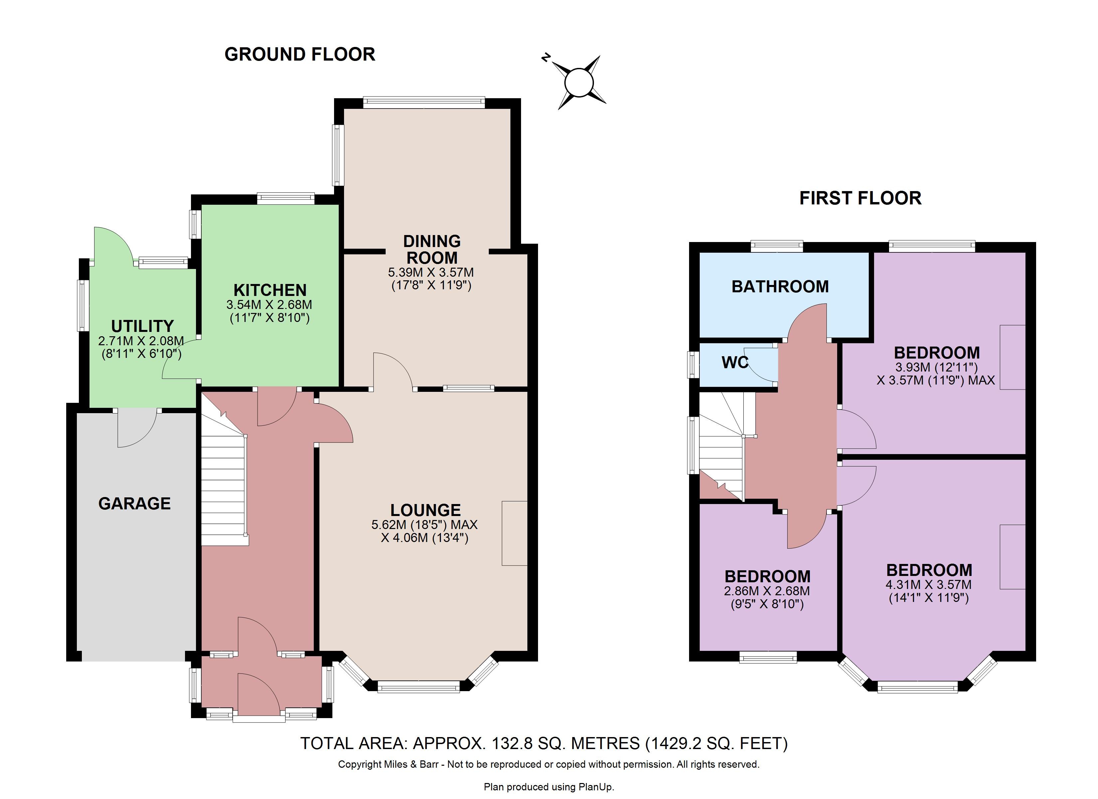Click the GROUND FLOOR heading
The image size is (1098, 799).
coord(300,54)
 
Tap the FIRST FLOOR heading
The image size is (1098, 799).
coord(860,198)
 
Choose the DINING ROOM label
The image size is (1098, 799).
coord(432,249)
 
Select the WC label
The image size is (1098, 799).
coord(735,363)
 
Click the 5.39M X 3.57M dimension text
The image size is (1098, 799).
coord(431,273)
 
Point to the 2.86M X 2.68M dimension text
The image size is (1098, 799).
coord(767,591)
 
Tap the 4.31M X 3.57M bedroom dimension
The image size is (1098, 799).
coord(929,585)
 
